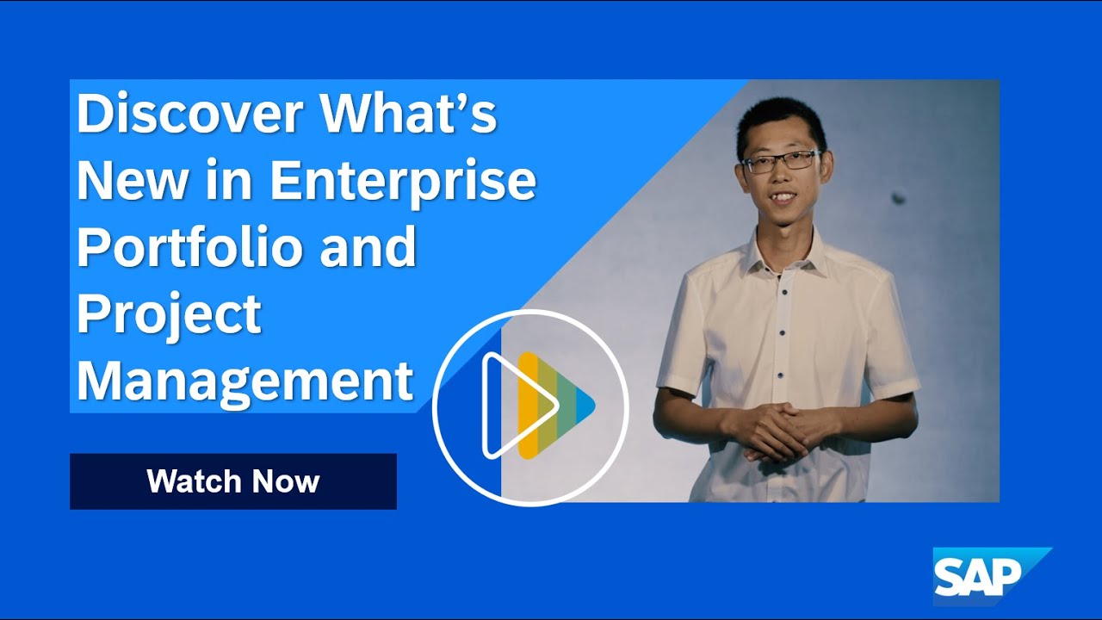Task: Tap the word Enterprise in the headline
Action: coord(403,181)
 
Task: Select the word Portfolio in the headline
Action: coord(190,246)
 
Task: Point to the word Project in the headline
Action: coord(169,314)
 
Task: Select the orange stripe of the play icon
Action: coord(527,405)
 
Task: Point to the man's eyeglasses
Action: coord(780,161)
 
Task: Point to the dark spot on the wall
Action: coord(898,197)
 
